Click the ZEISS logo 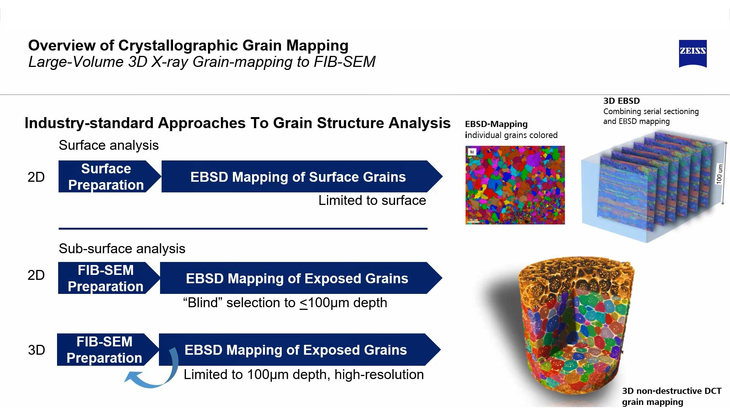coord(692,53)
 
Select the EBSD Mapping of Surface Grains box coord(298,177)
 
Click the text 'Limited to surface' coord(372,200)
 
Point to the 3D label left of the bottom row coord(36,350)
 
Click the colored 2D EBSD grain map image coord(515,185)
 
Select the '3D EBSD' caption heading coord(621,101)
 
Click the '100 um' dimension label coord(719,174)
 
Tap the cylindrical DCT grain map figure coord(576,327)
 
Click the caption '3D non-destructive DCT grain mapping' coord(671,396)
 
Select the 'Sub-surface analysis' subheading coord(122,249)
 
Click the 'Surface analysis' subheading coord(108,145)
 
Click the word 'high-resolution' coord(379,375)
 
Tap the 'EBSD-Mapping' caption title coord(496,124)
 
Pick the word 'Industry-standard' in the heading coord(89,123)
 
